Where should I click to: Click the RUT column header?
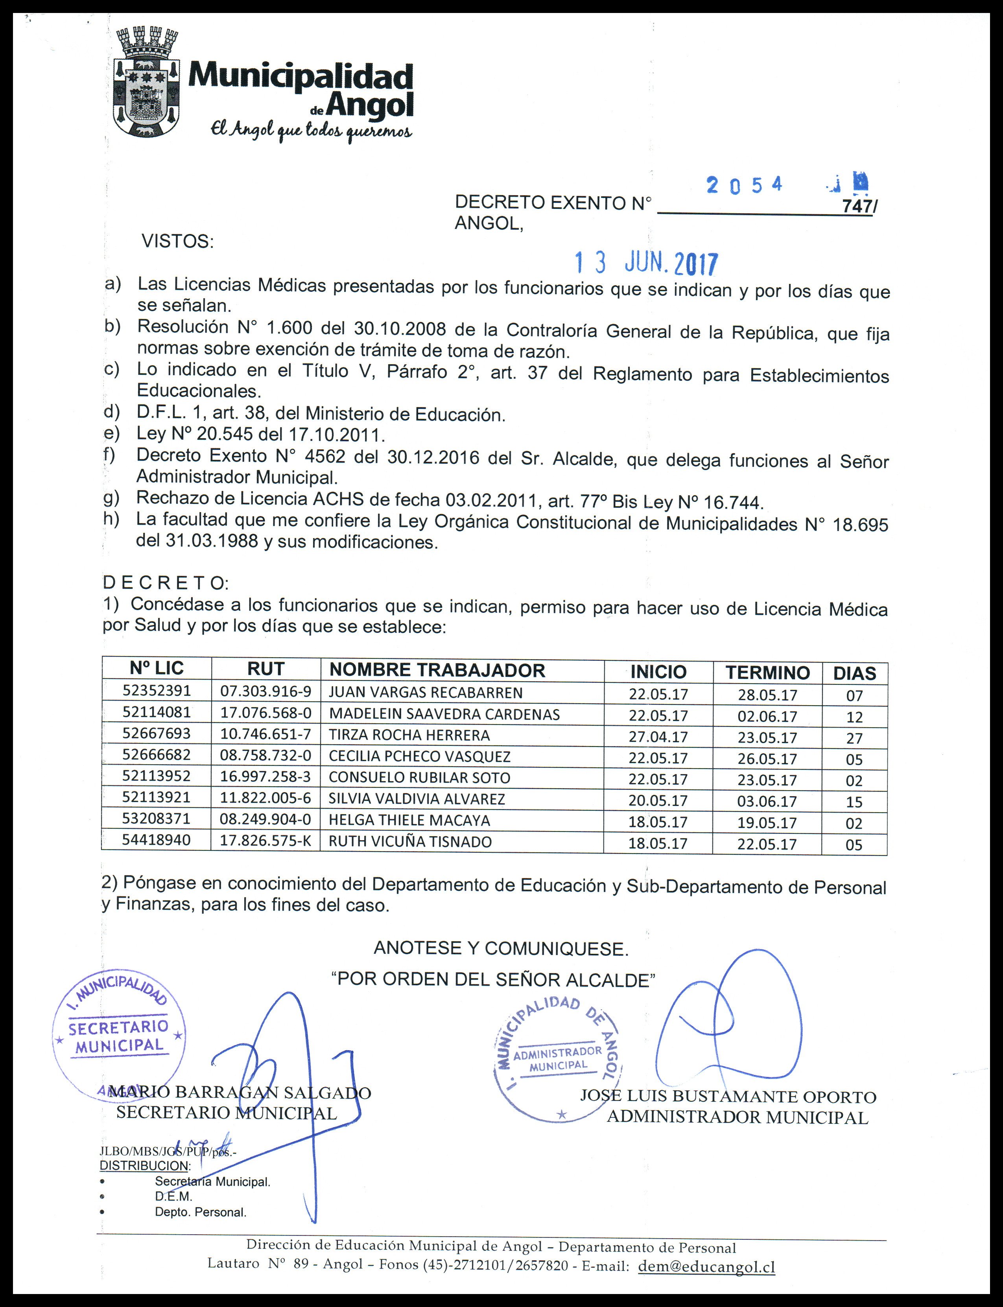click(265, 669)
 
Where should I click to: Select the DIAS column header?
click(854, 673)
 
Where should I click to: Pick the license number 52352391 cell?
click(157, 691)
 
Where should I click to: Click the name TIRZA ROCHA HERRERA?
click(409, 735)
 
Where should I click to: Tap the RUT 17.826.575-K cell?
click(265, 841)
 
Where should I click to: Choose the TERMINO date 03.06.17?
click(767, 801)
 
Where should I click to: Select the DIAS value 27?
click(854, 738)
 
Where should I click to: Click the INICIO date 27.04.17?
click(658, 737)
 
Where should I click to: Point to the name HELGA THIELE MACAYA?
click(409, 820)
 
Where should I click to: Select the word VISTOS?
click(177, 242)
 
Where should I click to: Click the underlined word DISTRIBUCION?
click(144, 1165)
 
